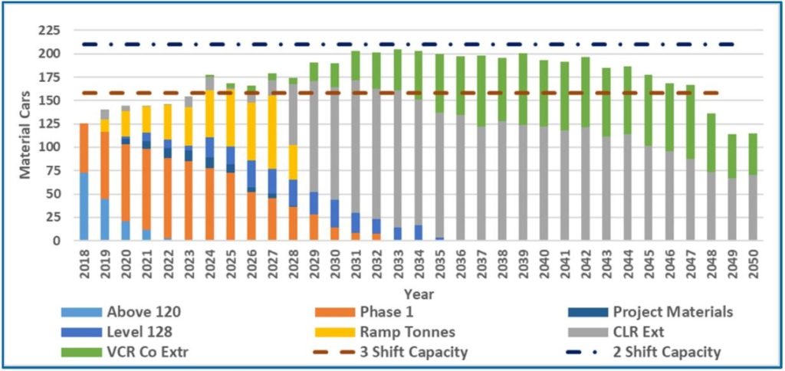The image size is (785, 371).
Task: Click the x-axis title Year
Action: (420, 294)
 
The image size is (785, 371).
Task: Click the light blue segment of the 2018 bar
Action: (84, 207)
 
